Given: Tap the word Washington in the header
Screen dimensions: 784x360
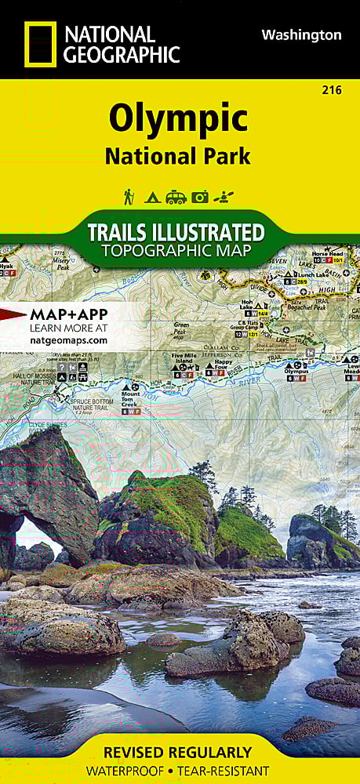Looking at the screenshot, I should pos(301,35).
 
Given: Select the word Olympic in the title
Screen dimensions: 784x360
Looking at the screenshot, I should pos(179,119).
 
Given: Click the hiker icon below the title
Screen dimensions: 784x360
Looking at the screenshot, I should pos(129,197).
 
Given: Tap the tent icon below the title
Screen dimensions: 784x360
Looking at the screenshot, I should pos(152,198).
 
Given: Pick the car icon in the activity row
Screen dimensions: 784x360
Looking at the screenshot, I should pos(176,198).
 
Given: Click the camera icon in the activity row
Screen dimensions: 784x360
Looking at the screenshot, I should pos(200,198).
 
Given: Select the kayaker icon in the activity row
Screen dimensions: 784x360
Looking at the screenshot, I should pos(224,197).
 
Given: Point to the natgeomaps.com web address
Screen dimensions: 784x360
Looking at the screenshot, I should pos(68,340).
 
